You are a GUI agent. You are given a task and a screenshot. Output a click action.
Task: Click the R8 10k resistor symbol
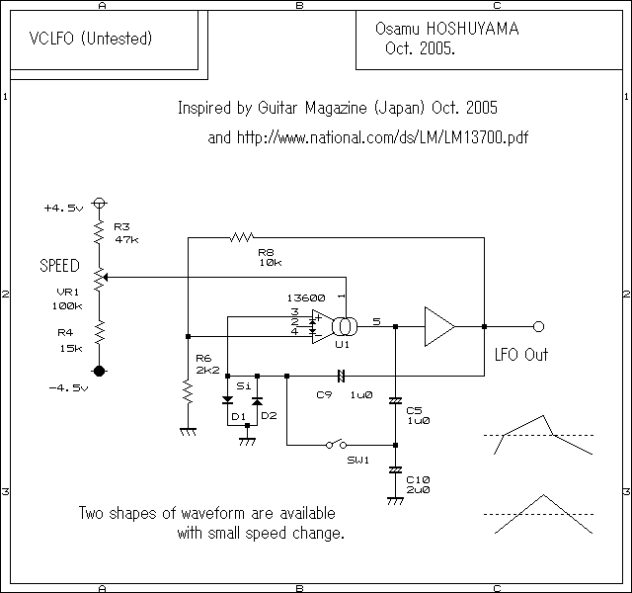243,237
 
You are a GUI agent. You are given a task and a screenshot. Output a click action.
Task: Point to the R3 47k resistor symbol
99,231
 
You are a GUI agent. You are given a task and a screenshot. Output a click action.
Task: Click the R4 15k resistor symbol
99,333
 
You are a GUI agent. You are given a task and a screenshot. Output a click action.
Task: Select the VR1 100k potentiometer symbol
99,280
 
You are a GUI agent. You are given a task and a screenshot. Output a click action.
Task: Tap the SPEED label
60,267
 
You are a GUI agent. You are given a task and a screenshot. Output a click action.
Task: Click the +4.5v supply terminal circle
99,205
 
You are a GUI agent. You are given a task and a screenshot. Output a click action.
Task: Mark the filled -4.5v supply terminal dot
99,371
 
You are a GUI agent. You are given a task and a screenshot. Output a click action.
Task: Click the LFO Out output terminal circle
538,326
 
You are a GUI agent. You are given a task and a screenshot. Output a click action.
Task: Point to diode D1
227,402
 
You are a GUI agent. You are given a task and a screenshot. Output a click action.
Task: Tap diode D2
257,402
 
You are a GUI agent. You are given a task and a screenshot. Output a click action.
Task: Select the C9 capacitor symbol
340,376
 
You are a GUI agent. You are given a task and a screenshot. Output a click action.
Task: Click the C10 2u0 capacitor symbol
395,470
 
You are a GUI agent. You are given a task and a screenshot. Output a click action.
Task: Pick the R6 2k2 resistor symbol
186,393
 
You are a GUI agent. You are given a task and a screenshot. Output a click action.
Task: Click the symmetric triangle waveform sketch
538,514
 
